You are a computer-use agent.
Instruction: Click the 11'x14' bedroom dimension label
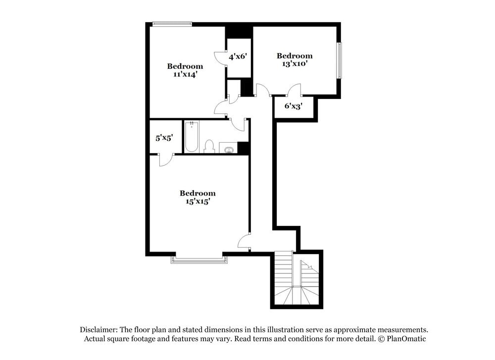[185, 74]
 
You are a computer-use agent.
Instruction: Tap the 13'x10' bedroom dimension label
[294, 64]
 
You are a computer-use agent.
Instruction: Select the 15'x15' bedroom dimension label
[197, 201]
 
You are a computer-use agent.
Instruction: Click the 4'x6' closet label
[238, 56]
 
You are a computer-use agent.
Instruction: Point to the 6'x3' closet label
[293, 105]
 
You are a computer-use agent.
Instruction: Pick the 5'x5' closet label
[164, 138]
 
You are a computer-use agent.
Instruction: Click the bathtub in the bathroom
[191, 137]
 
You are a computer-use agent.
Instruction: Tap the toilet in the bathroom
[209, 146]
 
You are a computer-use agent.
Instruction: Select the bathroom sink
[229, 149]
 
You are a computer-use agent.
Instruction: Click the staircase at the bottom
[296, 280]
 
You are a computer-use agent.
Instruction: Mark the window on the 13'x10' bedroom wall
[340, 60]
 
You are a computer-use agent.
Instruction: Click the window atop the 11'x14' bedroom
[172, 23]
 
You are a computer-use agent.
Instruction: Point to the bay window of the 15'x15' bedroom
[197, 259]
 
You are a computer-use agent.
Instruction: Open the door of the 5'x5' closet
[166, 159]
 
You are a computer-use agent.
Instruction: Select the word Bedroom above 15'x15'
[197, 193]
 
